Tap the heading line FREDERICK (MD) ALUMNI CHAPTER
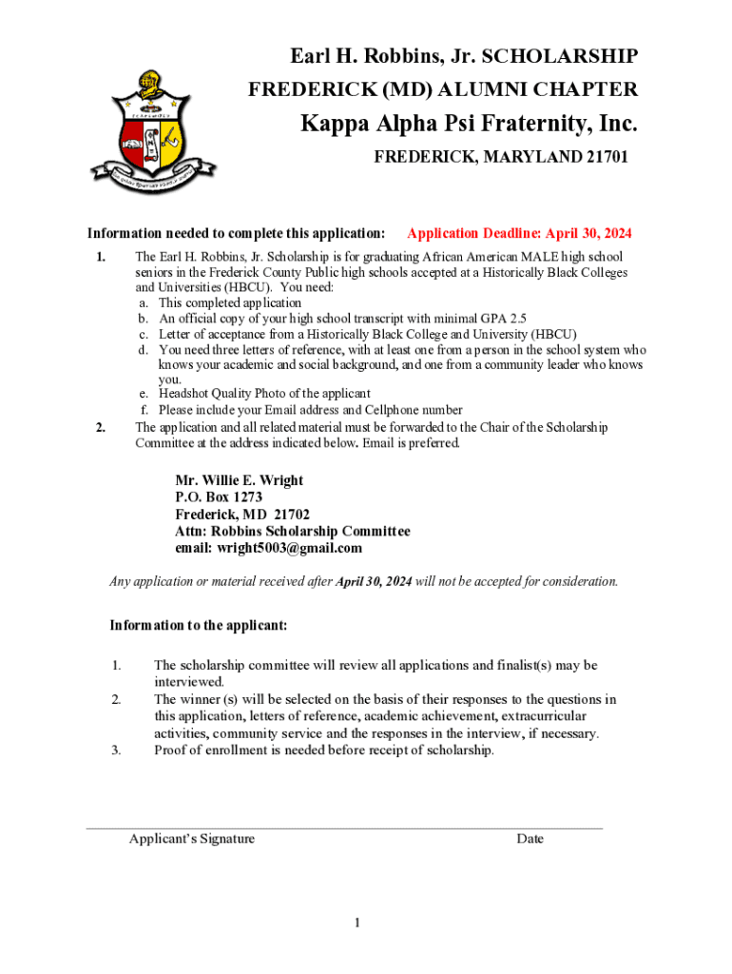(443, 90)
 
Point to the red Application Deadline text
(519, 234)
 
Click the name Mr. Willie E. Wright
(239, 480)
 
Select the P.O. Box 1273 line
(219, 497)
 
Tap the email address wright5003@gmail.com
(290, 549)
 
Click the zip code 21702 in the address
(291, 515)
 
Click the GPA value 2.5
(516, 319)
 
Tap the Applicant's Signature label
(192, 839)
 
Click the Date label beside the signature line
(530, 839)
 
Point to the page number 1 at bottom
(356, 923)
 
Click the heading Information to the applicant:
(199, 626)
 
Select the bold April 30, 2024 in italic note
(374, 581)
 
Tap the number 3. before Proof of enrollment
(116, 750)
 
